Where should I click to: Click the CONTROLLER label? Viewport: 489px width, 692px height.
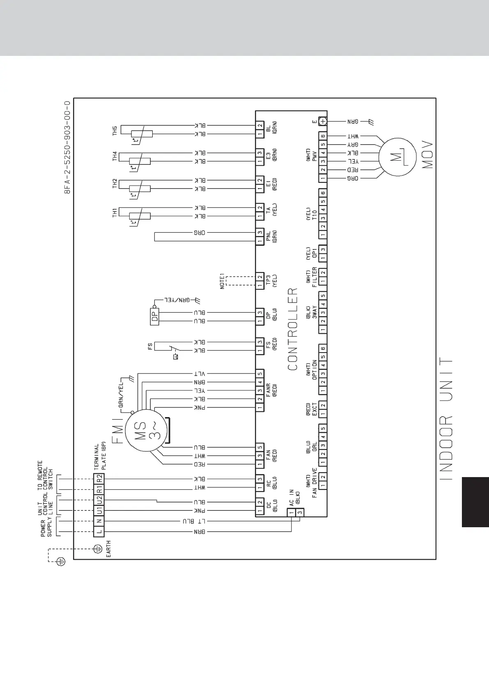[x=293, y=329]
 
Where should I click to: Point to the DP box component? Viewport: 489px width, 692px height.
[x=155, y=316]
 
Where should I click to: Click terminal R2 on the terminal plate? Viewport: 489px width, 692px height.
[x=99, y=479]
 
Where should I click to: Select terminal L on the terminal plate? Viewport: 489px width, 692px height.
[x=99, y=532]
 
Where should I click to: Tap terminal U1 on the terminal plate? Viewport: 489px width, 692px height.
[x=99, y=511]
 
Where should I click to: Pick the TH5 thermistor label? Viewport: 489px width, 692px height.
[x=115, y=131]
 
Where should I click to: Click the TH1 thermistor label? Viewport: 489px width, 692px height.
[x=115, y=212]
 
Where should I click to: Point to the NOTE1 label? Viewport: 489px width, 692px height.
[x=222, y=281]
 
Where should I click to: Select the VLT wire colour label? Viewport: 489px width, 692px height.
[x=200, y=374]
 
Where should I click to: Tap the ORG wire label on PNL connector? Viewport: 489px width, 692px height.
[x=200, y=233]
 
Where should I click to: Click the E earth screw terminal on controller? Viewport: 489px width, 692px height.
[x=323, y=121]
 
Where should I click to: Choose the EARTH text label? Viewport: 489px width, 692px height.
[x=109, y=549]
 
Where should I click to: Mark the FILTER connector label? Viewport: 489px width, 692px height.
[x=315, y=277]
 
